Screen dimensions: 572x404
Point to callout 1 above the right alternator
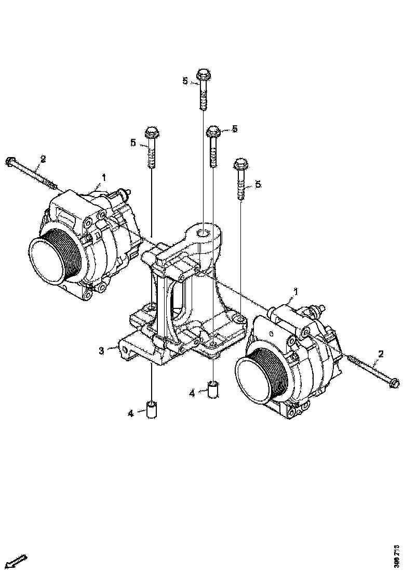pos(297,292)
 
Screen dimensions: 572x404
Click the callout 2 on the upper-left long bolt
pos(43,159)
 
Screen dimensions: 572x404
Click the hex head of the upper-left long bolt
pos(10,162)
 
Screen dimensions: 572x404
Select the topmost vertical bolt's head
pos(203,74)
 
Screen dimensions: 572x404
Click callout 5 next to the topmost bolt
pos(184,81)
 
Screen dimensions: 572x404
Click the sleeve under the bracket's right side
pos(213,390)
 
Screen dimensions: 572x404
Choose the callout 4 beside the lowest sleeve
pos(131,413)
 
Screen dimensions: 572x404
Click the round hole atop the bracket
pos(204,232)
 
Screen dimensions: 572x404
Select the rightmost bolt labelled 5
pos(241,178)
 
